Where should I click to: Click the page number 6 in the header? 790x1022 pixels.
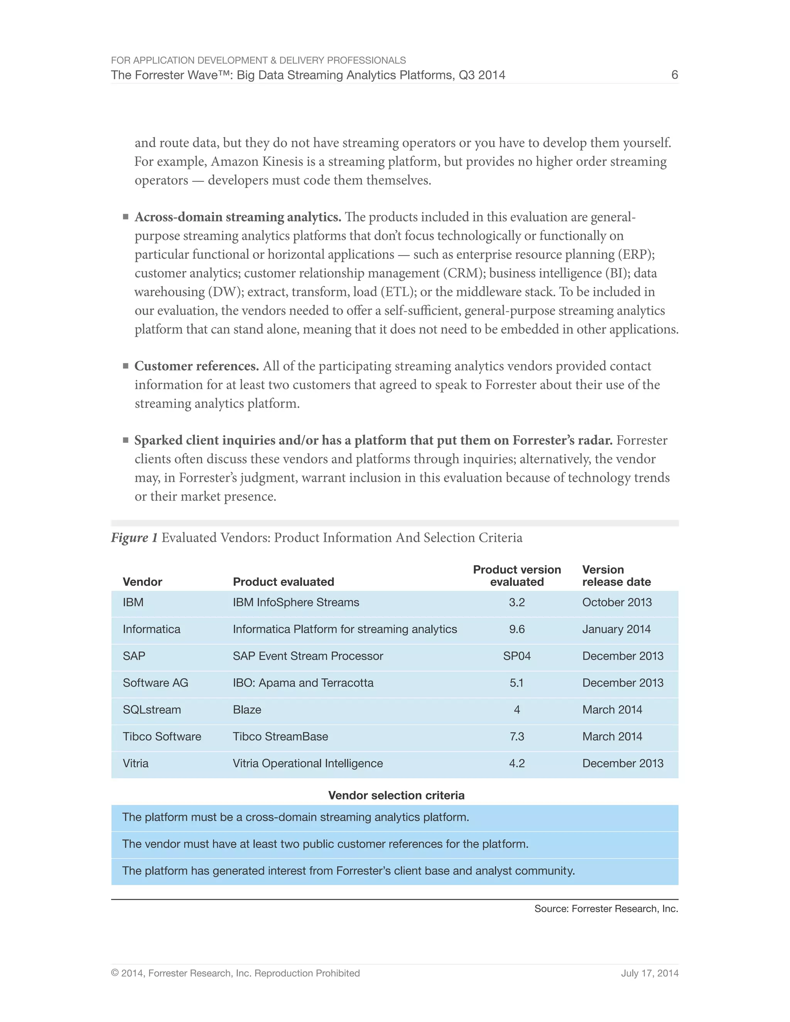(x=674, y=75)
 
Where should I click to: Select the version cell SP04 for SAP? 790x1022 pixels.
(x=517, y=656)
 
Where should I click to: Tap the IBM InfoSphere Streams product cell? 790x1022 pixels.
(x=296, y=602)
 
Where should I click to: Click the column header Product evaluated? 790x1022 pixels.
(x=283, y=582)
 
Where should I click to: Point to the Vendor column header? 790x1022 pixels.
(x=142, y=582)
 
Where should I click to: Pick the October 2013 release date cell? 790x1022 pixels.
(x=617, y=602)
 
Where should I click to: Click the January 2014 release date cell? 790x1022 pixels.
(x=616, y=629)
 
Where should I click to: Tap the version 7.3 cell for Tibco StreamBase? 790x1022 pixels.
(x=517, y=737)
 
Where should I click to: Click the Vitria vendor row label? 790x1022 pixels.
(x=136, y=763)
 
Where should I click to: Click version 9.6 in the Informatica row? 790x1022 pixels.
(x=517, y=629)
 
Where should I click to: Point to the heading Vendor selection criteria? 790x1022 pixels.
(x=396, y=796)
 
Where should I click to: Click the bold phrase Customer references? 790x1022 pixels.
(x=197, y=366)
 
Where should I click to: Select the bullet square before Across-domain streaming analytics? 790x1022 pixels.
(x=125, y=217)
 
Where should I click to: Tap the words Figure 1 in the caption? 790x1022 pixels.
(x=134, y=538)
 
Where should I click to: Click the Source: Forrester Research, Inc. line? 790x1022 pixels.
(x=606, y=909)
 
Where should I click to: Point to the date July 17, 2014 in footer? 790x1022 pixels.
(x=649, y=973)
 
